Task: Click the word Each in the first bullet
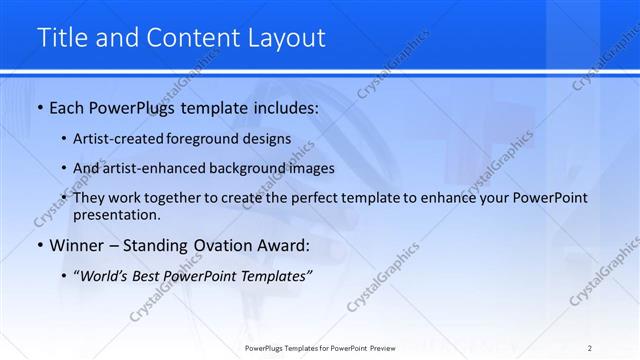pos(68,107)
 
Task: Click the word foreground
pos(211,139)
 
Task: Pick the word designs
pos(269,139)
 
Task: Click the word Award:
pos(285,245)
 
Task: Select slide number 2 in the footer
pos(590,348)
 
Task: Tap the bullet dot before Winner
pos(39,245)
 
